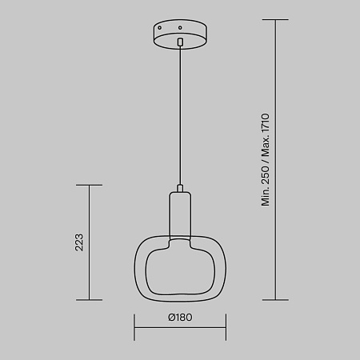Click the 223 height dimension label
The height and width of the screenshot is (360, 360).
coord(79,242)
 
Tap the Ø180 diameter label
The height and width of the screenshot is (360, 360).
coord(180,318)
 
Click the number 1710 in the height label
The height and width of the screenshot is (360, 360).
coord(266,123)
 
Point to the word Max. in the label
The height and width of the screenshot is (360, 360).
coord(266,146)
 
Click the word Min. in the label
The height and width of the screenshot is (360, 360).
coord(266,197)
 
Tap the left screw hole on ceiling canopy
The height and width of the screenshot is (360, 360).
coord(160,28)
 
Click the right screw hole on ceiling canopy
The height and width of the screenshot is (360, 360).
coord(180,27)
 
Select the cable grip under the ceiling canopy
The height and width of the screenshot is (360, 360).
coord(180,42)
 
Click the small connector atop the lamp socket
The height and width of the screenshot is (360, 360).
coord(180,188)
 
